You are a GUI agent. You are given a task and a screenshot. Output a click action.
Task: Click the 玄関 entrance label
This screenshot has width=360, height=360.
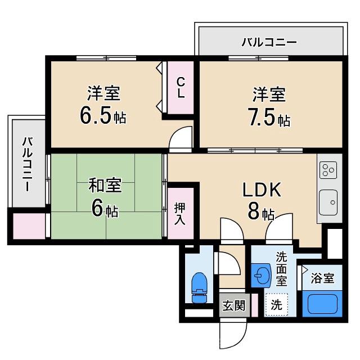[233, 305]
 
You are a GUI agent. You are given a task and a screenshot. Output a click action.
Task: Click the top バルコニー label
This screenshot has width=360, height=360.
[269, 42]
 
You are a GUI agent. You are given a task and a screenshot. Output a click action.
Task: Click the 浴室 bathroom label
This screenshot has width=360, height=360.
[322, 278]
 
